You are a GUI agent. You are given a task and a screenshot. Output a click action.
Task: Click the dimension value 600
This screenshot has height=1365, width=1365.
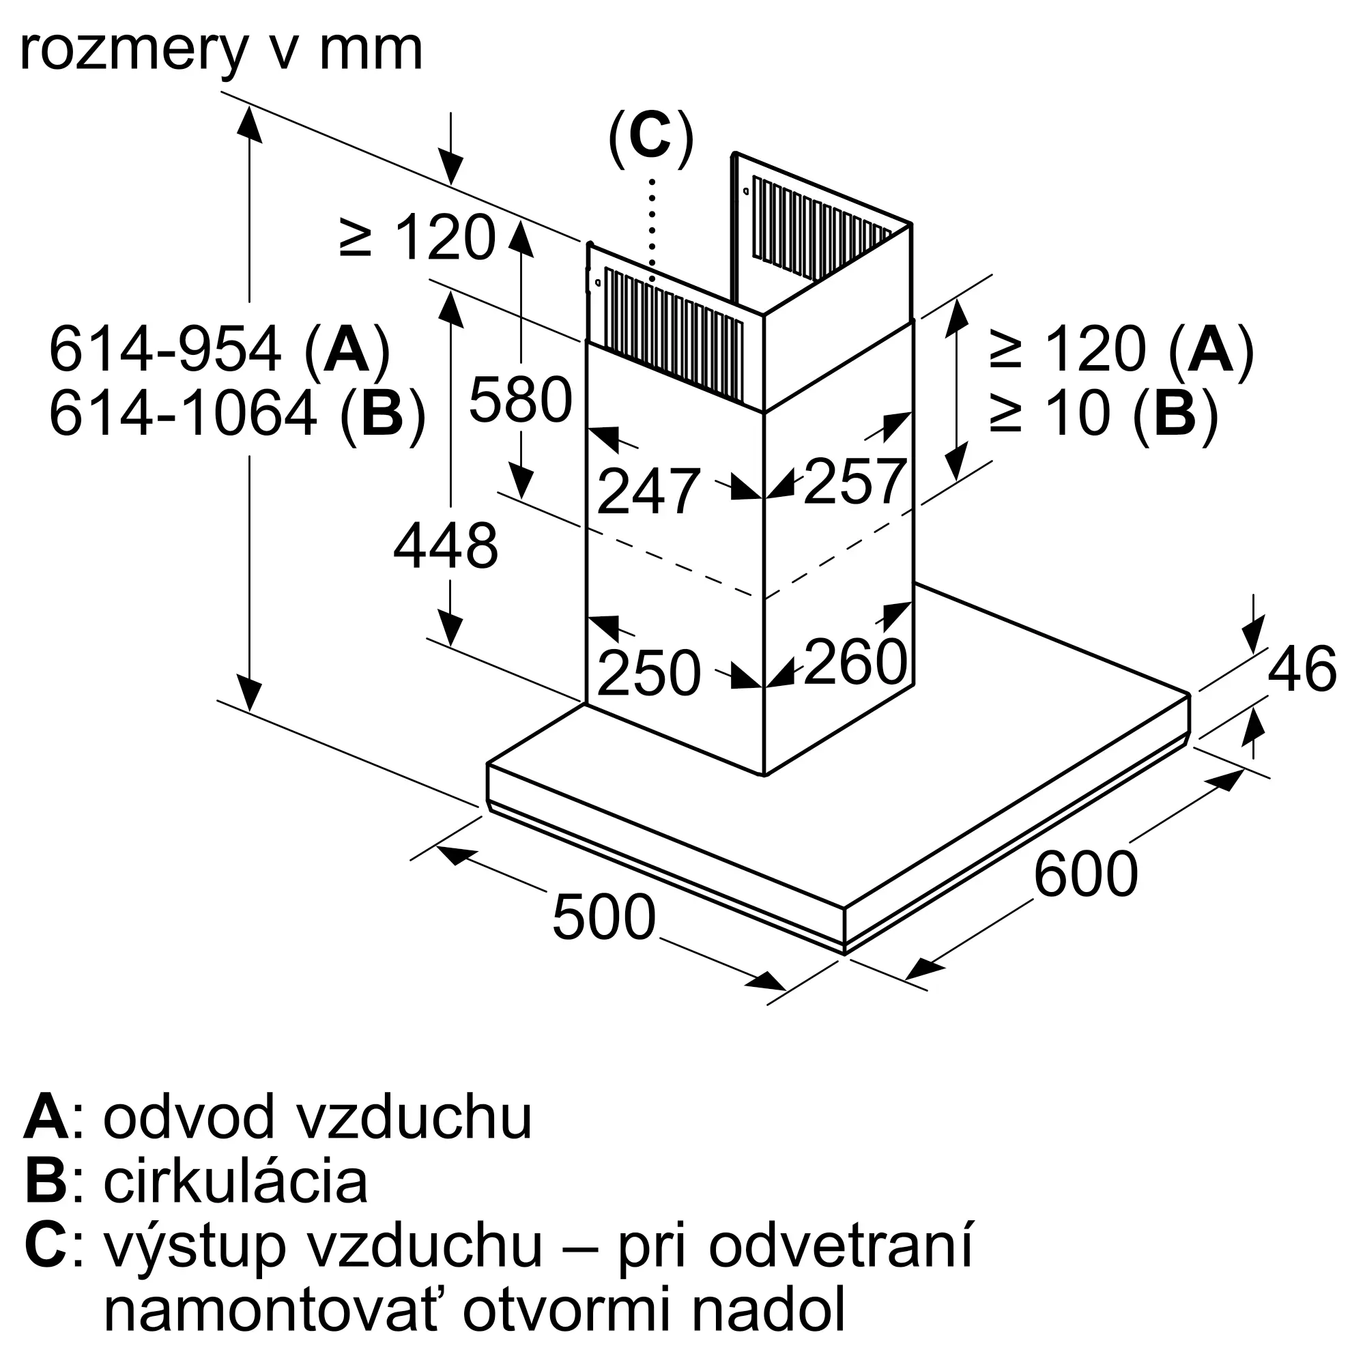[1085, 874]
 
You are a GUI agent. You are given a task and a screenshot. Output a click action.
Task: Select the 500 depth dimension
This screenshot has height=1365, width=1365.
[604, 917]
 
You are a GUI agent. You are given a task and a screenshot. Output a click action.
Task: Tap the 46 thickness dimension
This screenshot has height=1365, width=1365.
[1302, 668]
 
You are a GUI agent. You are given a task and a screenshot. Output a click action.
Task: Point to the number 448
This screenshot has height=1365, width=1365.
[446, 546]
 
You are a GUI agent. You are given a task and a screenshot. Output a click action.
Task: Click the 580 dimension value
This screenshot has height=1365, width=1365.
[521, 400]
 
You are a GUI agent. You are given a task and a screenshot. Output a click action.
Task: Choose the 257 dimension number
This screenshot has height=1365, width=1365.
[854, 482]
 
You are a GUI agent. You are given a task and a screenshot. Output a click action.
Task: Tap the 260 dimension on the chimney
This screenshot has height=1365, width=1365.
[855, 662]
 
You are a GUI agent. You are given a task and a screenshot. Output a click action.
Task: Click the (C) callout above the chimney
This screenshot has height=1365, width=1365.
[650, 139]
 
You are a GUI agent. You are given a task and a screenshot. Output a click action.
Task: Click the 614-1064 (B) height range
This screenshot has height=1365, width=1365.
[238, 414]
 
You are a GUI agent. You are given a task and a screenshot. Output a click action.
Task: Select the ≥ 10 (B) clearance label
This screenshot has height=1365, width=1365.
[1103, 414]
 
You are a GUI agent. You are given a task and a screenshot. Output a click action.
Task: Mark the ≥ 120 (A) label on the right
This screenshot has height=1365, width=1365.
[1121, 349]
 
